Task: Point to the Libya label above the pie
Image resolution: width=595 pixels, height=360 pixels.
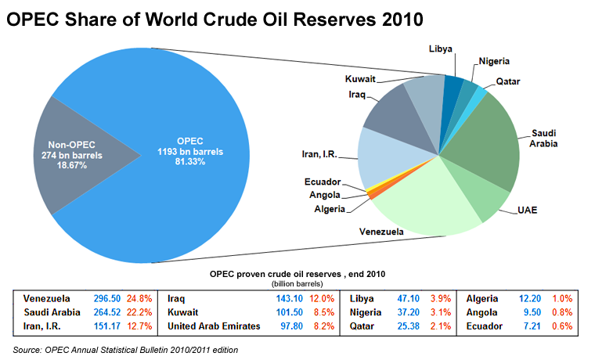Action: [x=441, y=49]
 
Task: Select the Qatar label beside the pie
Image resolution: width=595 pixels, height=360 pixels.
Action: [x=508, y=81]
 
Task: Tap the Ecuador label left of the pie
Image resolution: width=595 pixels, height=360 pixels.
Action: [x=323, y=182]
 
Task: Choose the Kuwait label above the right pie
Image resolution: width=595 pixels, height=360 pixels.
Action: [x=361, y=79]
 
